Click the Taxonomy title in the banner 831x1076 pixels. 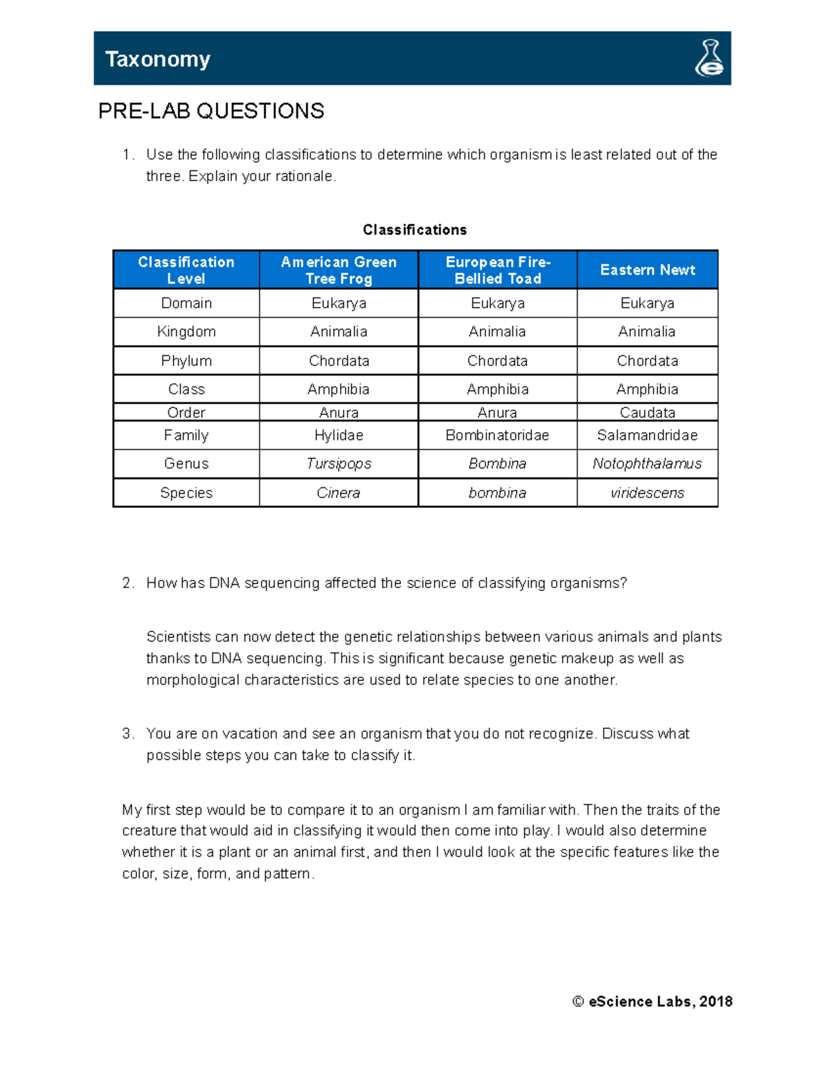(157, 60)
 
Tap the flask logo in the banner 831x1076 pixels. (709, 58)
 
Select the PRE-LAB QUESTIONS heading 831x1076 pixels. (211, 111)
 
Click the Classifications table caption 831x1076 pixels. (415, 230)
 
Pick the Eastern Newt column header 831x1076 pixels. (647, 270)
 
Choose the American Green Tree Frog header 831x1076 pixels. (339, 270)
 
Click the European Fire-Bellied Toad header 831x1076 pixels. (497, 270)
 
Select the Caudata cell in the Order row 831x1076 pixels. (647, 413)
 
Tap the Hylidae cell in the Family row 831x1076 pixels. (339, 435)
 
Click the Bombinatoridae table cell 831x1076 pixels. (497, 435)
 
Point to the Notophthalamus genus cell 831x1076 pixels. (647, 464)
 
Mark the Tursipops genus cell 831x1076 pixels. (339, 464)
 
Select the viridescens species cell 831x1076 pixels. (647, 493)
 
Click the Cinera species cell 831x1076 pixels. (339, 493)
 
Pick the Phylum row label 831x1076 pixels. (186, 361)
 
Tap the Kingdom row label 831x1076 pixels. (186, 332)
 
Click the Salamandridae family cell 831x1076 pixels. (647, 435)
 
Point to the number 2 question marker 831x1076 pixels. (127, 583)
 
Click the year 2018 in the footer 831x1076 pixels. (716, 1001)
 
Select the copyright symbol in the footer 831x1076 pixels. (578, 1001)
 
